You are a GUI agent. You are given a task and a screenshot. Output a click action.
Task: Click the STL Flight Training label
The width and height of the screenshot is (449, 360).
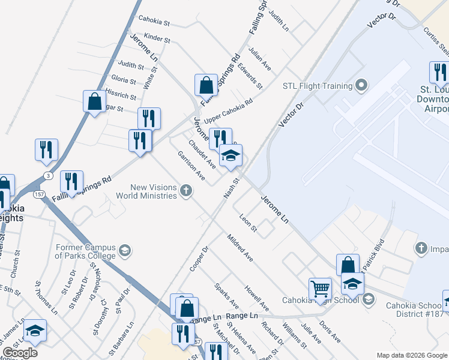coord(317,86)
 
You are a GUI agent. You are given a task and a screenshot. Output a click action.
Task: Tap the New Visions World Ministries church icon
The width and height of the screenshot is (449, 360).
coord(186,191)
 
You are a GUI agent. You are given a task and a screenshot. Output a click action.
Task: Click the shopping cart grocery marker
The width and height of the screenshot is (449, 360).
coord(320,289)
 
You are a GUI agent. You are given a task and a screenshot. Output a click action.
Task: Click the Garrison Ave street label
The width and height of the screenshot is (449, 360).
coord(191,166)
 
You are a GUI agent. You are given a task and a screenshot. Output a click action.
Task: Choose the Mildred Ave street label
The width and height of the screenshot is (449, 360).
coord(240,248)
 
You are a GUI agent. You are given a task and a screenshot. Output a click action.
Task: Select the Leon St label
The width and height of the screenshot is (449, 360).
coord(248,223)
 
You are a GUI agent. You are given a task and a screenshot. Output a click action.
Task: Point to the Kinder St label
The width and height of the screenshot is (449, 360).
coord(157,39)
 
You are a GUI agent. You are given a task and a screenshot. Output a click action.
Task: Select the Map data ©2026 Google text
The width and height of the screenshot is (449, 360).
coord(412,355)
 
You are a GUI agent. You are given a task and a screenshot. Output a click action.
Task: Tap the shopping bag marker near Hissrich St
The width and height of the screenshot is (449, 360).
coord(95,101)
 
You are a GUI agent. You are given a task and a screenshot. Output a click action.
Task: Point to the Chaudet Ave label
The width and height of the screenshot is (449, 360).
coord(202,153)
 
